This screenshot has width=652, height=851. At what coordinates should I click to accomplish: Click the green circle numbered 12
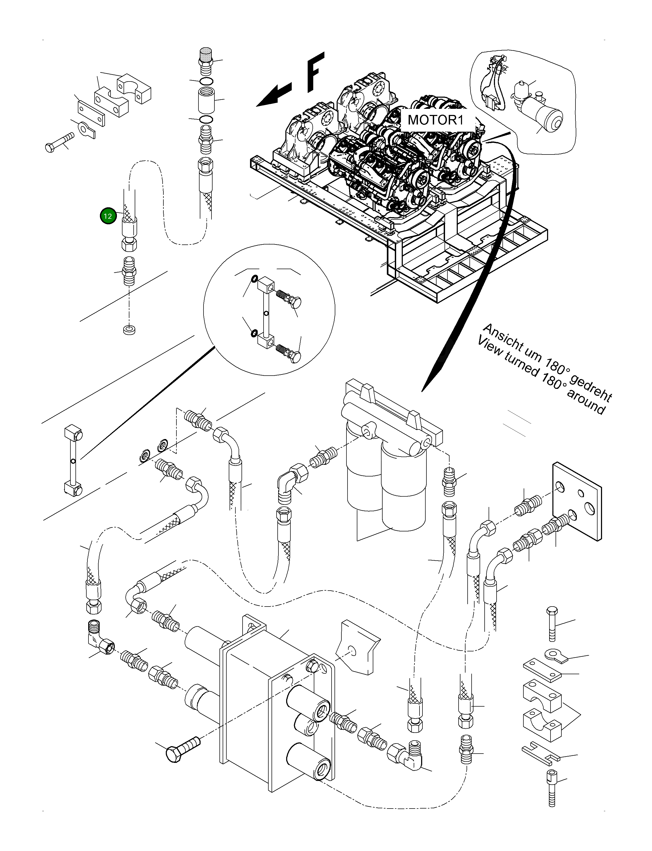click(108, 216)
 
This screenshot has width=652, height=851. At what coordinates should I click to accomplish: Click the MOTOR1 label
click(435, 120)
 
